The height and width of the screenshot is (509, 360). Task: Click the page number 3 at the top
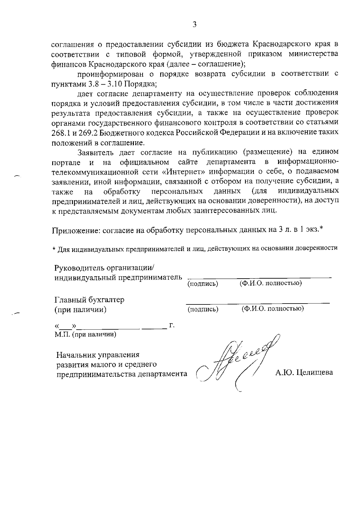coord(194,25)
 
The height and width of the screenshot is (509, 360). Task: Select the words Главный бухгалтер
coord(89,300)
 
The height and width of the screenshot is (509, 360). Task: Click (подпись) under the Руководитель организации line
coord(202,284)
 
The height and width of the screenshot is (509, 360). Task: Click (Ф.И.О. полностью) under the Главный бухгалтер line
coord(272,309)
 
